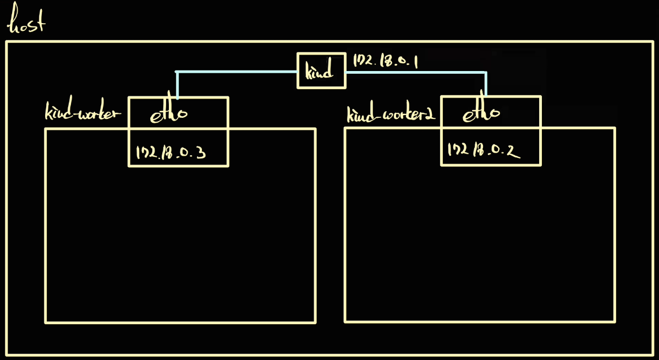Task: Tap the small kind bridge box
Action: [322, 70]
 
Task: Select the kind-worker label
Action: [83, 113]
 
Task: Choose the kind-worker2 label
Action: [391, 114]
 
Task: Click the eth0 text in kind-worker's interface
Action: [168, 113]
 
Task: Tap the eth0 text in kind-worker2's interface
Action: [481, 113]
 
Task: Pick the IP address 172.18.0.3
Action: [171, 152]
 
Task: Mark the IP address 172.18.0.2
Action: [484, 149]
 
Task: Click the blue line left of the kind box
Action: [237, 72]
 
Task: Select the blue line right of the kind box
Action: [415, 72]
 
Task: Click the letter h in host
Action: [13, 23]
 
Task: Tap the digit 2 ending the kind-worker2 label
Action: [431, 114]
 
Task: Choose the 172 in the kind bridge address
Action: [363, 61]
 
